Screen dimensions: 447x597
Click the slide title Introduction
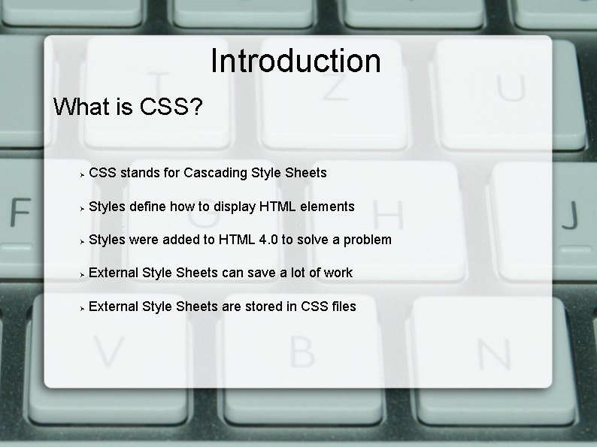click(295, 61)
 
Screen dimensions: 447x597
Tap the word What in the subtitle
click(82, 107)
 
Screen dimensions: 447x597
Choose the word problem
click(366, 240)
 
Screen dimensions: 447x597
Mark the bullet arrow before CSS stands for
click(81, 174)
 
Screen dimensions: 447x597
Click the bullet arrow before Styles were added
click(81, 241)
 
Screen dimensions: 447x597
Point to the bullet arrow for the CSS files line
click(81, 307)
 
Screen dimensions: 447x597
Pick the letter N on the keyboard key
click(493, 350)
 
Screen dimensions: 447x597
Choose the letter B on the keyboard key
click(302, 350)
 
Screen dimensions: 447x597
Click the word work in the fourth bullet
click(338, 273)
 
